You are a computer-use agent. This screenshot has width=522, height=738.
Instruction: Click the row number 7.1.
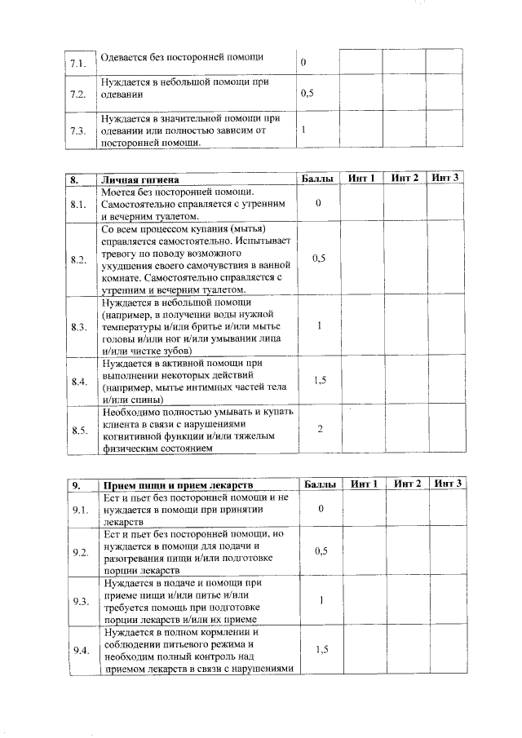click(78, 63)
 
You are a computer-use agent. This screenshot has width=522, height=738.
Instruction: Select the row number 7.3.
click(78, 131)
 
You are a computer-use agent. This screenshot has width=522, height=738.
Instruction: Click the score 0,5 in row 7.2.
click(307, 94)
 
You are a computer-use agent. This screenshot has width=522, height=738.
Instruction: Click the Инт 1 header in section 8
click(361, 178)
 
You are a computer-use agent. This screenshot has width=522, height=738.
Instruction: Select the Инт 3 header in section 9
click(449, 484)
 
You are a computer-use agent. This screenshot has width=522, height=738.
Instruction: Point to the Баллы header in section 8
click(317, 178)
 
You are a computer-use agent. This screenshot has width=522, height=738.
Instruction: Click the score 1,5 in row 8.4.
click(320, 380)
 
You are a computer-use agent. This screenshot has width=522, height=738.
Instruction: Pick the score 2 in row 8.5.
click(320, 429)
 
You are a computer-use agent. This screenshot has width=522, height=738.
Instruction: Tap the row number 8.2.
click(79, 260)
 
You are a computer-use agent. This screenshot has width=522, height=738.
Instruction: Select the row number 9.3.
click(80, 601)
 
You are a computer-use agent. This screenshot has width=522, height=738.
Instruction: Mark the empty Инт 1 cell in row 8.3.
click(362, 326)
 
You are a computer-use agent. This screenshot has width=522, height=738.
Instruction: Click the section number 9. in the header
click(76, 484)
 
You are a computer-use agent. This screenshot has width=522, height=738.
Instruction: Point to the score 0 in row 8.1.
click(320, 203)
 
